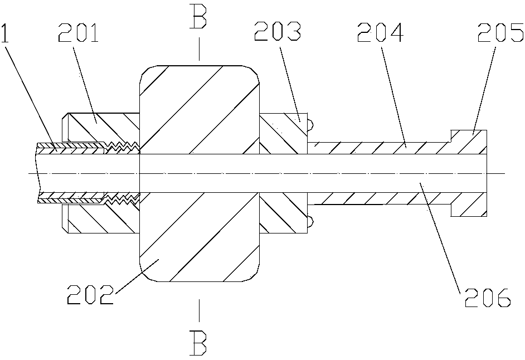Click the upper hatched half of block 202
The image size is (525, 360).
pos(199,109)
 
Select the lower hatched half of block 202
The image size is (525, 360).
pos(199,240)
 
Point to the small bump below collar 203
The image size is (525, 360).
pos(310,222)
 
